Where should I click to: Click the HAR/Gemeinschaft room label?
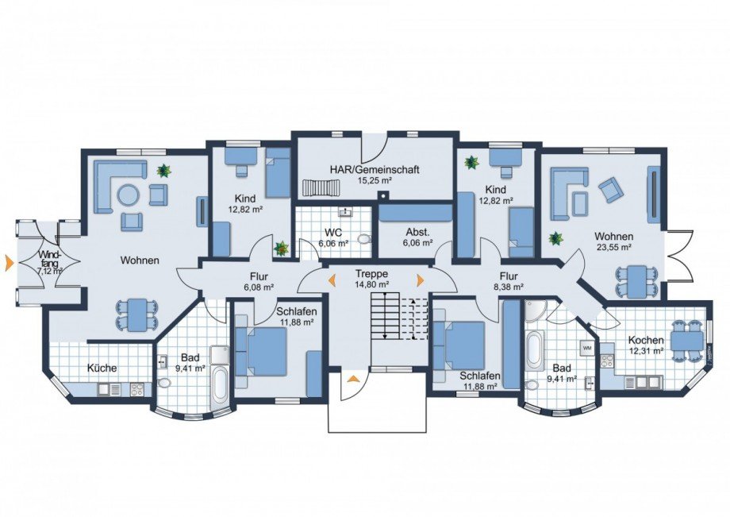point(375,169)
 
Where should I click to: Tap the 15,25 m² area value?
point(375,179)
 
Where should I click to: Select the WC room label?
point(334,233)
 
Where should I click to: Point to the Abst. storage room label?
point(417,233)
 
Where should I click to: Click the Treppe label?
point(371,274)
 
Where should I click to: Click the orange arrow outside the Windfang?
point(9,263)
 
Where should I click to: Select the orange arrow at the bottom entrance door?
point(353,379)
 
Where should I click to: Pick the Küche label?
point(102,368)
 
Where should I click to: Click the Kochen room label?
point(645,341)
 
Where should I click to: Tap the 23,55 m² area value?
point(613,247)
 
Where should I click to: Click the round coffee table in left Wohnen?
point(128,195)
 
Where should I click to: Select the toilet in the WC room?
point(364,239)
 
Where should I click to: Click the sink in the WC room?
point(345,211)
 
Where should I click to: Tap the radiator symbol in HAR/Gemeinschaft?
point(321,187)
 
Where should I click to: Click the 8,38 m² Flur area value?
point(509,287)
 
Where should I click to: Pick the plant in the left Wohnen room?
point(163,171)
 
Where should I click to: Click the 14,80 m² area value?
point(371,284)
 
